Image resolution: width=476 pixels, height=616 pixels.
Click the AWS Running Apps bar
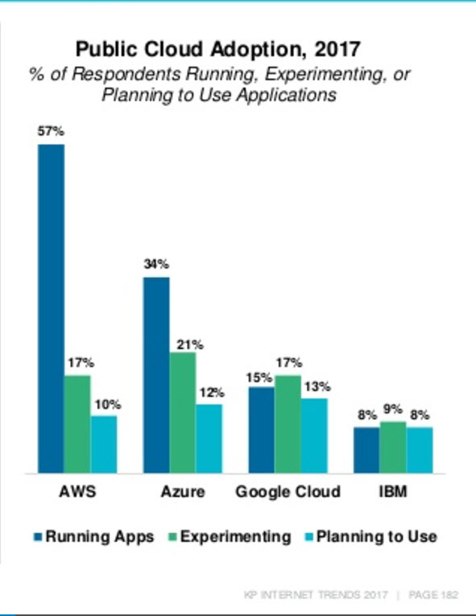pyautogui.click(x=51, y=308)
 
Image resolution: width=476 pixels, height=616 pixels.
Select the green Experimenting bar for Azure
pyautogui.click(x=183, y=413)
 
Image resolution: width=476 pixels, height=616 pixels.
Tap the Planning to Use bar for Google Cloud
pyautogui.click(x=314, y=436)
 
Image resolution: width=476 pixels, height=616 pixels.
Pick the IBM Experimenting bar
pyautogui.click(x=393, y=447)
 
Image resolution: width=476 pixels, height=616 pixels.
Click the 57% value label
pyautogui.click(x=51, y=131)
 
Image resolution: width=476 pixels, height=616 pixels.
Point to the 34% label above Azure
pyautogui.click(x=156, y=264)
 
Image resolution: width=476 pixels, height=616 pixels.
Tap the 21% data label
pyautogui.click(x=190, y=344)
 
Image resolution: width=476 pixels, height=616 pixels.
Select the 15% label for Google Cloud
pyautogui.click(x=259, y=377)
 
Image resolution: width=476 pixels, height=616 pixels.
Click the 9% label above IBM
pyautogui.click(x=393, y=409)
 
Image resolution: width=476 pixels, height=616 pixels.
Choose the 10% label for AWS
pyautogui.click(x=108, y=405)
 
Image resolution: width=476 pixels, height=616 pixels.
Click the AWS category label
pyautogui.click(x=77, y=491)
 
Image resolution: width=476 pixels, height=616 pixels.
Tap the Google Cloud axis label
pyautogui.click(x=288, y=491)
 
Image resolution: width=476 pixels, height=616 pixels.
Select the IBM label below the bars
pyautogui.click(x=393, y=491)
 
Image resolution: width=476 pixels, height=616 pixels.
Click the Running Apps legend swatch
pyautogui.click(x=38, y=537)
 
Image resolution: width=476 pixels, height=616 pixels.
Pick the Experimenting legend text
pyautogui.click(x=236, y=537)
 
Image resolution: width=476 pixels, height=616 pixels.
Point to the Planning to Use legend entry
pyautogui.click(x=371, y=537)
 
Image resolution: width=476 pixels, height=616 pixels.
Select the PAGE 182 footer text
pyautogui.click(x=433, y=595)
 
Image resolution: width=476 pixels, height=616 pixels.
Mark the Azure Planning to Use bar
pyautogui.click(x=209, y=438)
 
